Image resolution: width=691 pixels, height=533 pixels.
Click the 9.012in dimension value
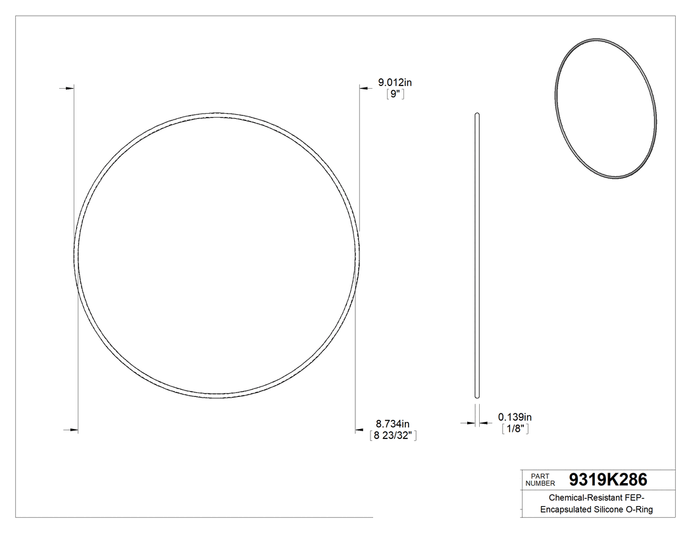[394, 82]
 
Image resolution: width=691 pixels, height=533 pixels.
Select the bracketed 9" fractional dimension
[394, 94]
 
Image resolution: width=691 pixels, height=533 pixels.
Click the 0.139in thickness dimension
[515, 417]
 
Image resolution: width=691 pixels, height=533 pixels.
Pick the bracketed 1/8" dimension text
[515, 429]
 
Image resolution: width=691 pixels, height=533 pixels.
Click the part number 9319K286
[608, 479]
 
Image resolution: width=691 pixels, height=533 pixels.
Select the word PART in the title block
[539, 475]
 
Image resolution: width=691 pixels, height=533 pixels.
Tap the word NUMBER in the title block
[542, 483]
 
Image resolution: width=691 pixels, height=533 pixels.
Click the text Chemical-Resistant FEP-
[596, 499]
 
